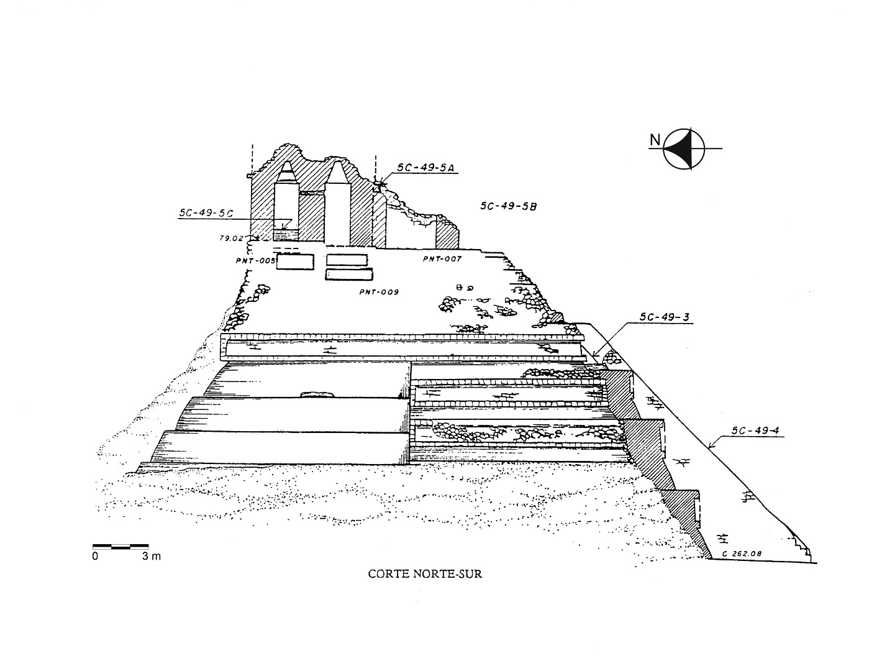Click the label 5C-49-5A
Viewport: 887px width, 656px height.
(x=426, y=167)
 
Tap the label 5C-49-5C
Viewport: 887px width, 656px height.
(x=206, y=213)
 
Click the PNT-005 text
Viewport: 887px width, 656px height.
(x=255, y=261)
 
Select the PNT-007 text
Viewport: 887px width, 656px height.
(x=442, y=258)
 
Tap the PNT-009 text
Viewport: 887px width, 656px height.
(x=378, y=291)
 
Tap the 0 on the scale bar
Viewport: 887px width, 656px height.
(x=95, y=556)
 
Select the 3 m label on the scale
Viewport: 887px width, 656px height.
(x=151, y=556)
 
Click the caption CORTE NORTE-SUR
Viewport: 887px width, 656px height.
(x=425, y=574)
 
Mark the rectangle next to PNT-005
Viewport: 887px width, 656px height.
(x=295, y=262)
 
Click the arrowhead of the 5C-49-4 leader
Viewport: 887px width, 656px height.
(x=709, y=445)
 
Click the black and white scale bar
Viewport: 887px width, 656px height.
(x=121, y=547)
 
